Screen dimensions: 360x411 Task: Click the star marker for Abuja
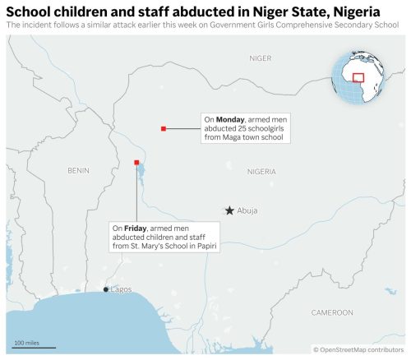click(x=229, y=210)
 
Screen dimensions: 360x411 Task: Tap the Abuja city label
click(x=247, y=211)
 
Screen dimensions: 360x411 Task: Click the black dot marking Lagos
click(x=106, y=290)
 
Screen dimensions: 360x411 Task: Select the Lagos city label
click(x=121, y=289)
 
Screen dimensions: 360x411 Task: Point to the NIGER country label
click(x=260, y=58)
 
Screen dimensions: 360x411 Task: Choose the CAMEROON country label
click(x=332, y=312)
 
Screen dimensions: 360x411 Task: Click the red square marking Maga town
click(x=164, y=128)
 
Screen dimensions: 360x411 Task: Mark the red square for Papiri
click(x=136, y=163)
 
